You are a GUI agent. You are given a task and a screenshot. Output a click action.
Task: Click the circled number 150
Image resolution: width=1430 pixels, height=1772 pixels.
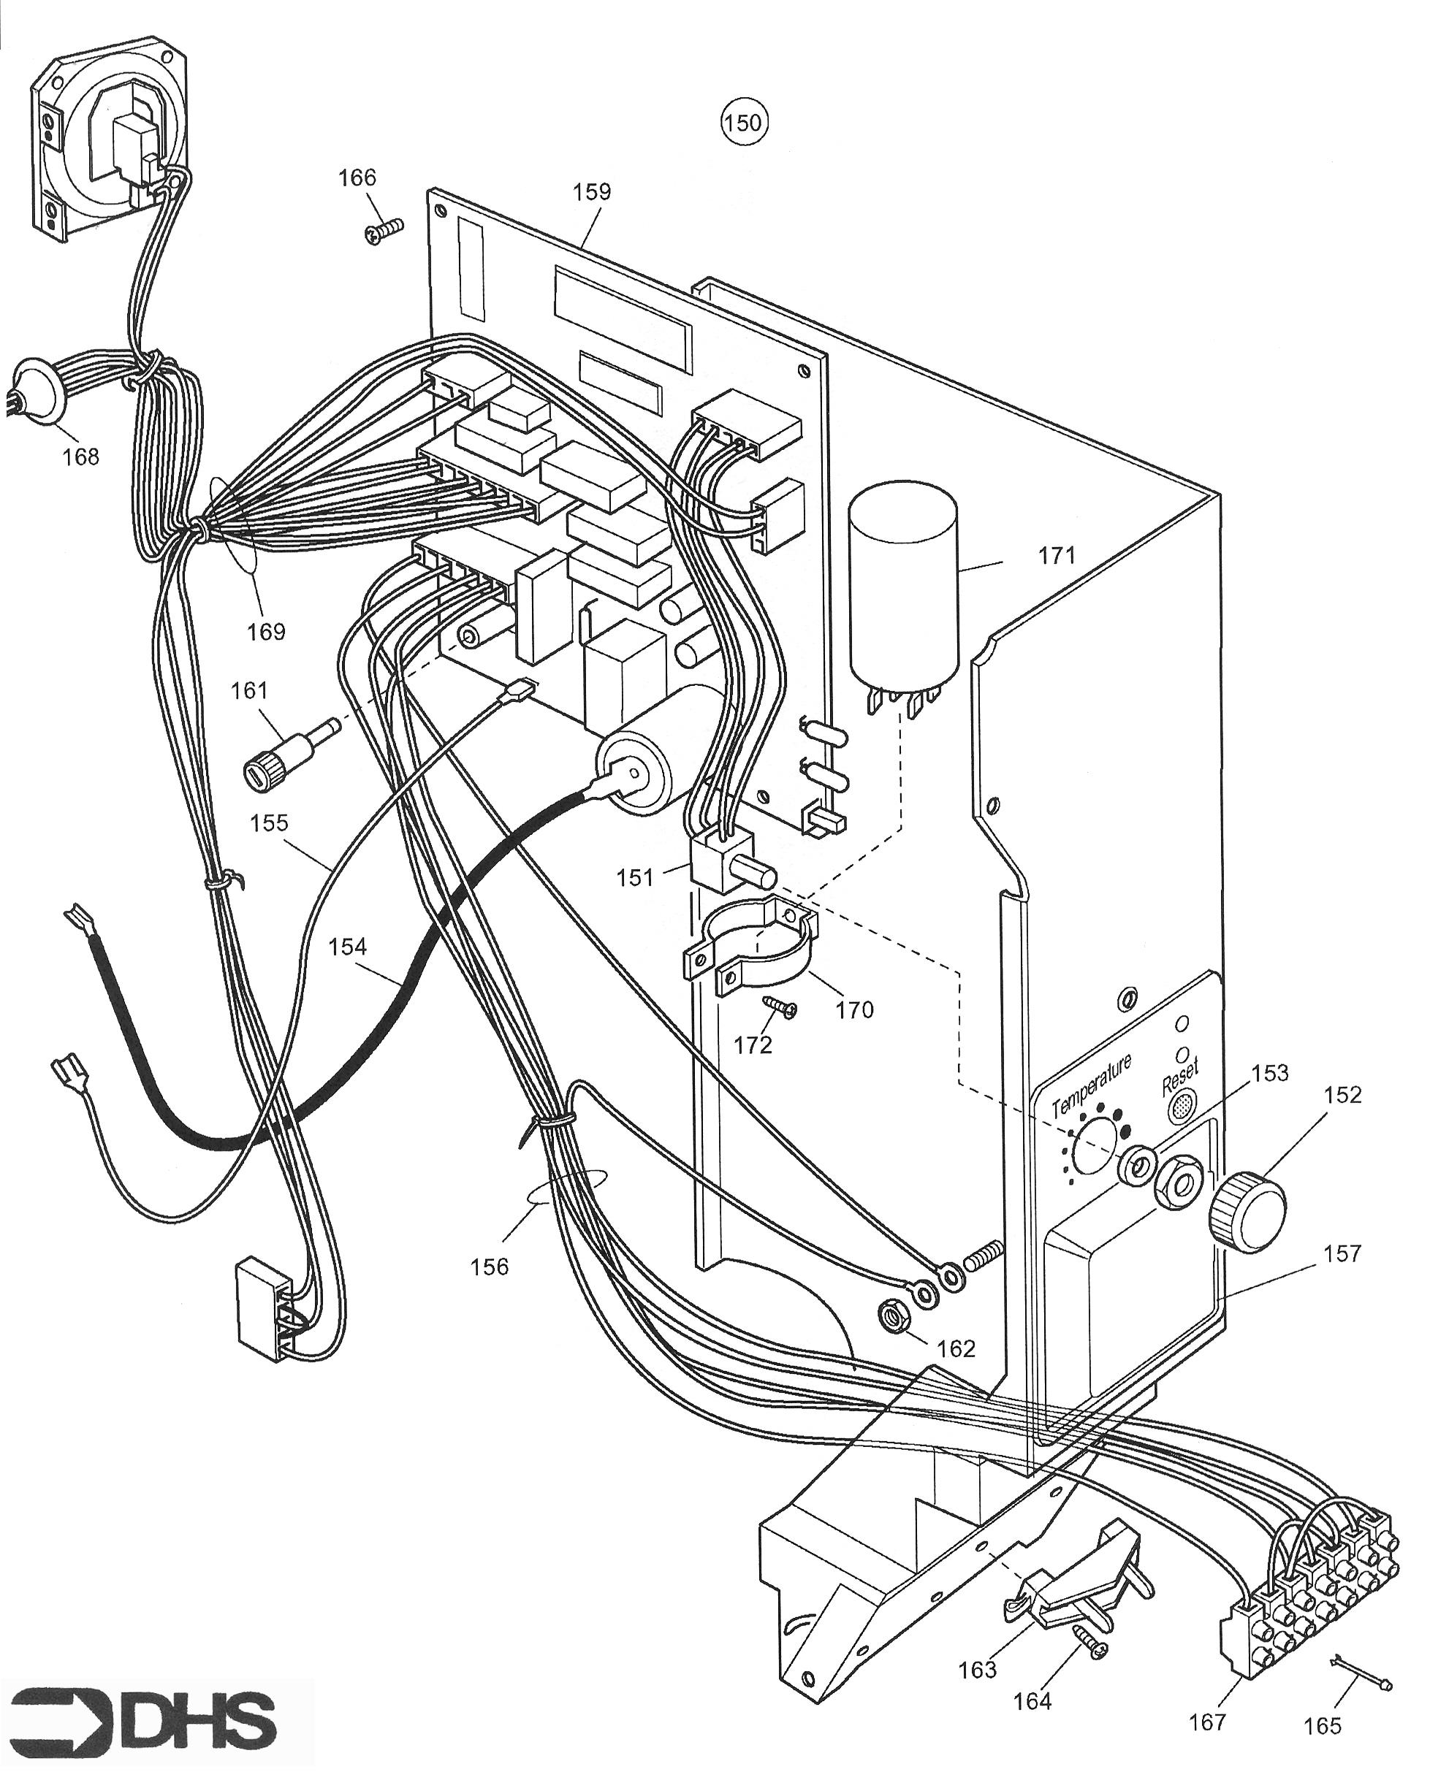(743, 123)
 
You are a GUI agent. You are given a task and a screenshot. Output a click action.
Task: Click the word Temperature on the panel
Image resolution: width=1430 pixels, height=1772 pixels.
(1092, 1086)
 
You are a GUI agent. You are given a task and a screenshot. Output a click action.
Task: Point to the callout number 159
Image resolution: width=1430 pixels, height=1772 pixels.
(593, 192)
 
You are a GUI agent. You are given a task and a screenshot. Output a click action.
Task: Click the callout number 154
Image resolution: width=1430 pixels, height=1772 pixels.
(347, 947)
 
